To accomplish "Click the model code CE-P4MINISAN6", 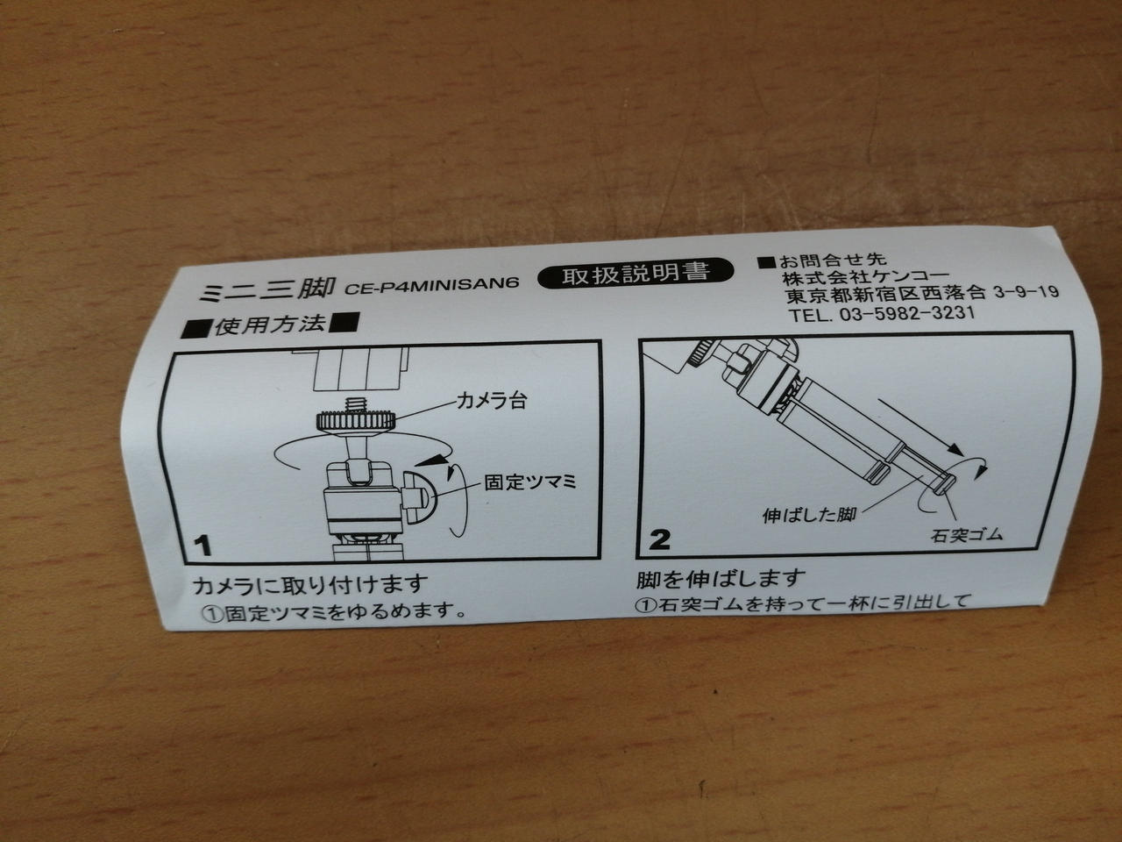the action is point(432,285).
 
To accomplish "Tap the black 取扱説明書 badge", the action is point(636,274).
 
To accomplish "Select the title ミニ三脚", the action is point(266,289).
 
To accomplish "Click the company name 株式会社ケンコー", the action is point(865,278).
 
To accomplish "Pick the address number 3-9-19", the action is point(1026,292).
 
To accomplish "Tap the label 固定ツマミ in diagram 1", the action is point(530,482).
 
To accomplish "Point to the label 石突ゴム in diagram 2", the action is point(966,535).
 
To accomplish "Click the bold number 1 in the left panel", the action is point(203,545).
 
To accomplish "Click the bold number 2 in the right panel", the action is point(659,539).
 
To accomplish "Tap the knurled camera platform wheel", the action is point(355,421).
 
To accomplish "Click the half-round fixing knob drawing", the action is point(418,495).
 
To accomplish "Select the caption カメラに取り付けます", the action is point(309,585).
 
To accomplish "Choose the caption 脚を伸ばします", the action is point(721,579).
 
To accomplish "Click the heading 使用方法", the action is point(269,325).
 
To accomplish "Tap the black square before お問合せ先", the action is point(767,262).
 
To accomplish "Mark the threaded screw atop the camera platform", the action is point(354,403).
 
